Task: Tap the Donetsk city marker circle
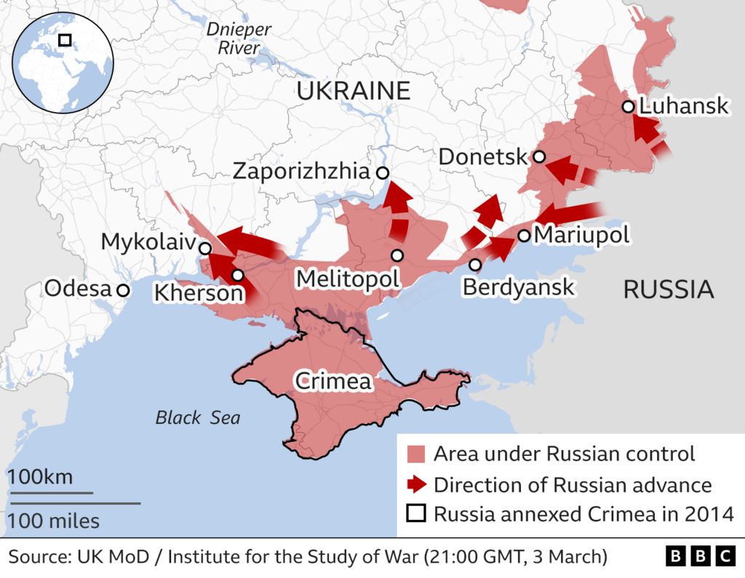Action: click(539, 156)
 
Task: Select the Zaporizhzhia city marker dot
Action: click(382, 172)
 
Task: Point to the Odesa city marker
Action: click(123, 290)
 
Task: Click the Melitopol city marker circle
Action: click(397, 255)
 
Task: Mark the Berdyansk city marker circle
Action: click(475, 265)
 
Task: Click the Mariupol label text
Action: click(581, 235)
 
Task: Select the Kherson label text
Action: click(197, 294)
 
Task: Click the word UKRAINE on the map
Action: click(353, 91)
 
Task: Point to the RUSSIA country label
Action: click(668, 290)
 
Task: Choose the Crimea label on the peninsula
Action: click(332, 381)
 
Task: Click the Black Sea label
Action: click(197, 418)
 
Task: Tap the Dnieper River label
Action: click(239, 39)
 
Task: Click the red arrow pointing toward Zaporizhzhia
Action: click(397, 211)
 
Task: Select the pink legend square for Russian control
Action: click(416, 455)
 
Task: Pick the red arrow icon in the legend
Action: click(416, 484)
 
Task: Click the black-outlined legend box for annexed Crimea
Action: click(416, 514)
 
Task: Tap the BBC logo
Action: click(700, 557)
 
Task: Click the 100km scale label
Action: click(40, 478)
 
